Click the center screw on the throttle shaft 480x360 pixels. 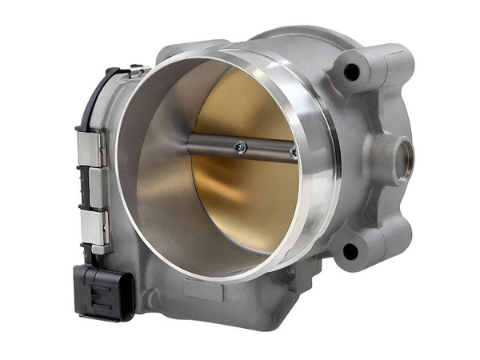click(x=240, y=146)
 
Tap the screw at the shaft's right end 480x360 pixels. click(x=294, y=152)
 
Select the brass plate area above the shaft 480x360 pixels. click(x=248, y=104)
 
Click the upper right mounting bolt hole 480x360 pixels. click(x=351, y=72)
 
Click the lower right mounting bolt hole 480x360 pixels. click(x=350, y=251)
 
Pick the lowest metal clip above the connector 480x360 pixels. click(x=93, y=228)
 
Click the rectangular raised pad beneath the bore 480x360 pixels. click(x=203, y=290)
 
